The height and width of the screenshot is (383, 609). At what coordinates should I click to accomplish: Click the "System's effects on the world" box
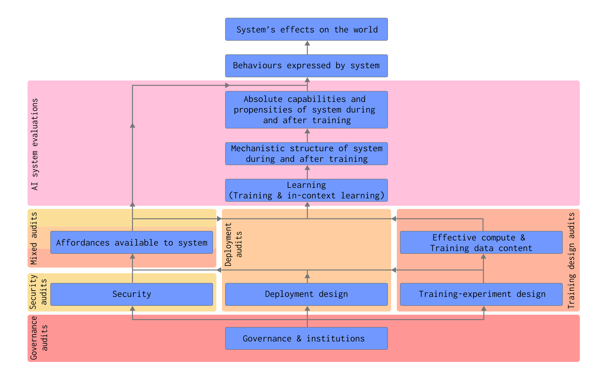[x=306, y=29]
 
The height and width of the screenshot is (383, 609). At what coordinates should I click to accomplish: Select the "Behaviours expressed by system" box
[x=306, y=66]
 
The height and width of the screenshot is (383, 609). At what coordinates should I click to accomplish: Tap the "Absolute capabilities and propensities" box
[x=306, y=110]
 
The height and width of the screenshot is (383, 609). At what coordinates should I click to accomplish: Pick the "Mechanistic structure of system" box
[x=306, y=153]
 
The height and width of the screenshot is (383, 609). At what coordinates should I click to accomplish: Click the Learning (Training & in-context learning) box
[x=306, y=190]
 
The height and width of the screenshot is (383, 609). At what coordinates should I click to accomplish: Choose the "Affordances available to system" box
[x=132, y=242]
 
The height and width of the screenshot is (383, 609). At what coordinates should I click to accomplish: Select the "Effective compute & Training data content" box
[x=481, y=242]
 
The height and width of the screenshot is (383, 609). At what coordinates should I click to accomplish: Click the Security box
[x=132, y=294]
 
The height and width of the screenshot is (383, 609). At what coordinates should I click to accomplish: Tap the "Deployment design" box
[x=306, y=294]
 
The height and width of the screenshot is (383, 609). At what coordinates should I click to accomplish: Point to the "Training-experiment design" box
[x=481, y=294]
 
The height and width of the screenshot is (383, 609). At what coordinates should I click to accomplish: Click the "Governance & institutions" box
[x=306, y=338]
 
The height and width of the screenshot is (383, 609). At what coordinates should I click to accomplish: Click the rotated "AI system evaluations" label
[x=35, y=144]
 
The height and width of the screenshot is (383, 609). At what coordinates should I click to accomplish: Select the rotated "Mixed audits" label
[x=34, y=238]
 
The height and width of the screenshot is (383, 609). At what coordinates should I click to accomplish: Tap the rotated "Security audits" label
[x=38, y=292]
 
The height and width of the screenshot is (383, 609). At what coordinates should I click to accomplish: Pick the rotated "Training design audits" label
[x=571, y=260]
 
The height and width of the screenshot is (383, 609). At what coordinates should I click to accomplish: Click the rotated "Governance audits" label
[x=39, y=338]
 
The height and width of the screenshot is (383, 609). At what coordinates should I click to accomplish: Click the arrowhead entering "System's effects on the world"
[x=307, y=44]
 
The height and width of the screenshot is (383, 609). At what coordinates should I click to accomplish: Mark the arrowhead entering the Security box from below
[x=132, y=308]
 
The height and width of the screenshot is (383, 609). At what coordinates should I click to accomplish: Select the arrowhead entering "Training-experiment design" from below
[x=484, y=308]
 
